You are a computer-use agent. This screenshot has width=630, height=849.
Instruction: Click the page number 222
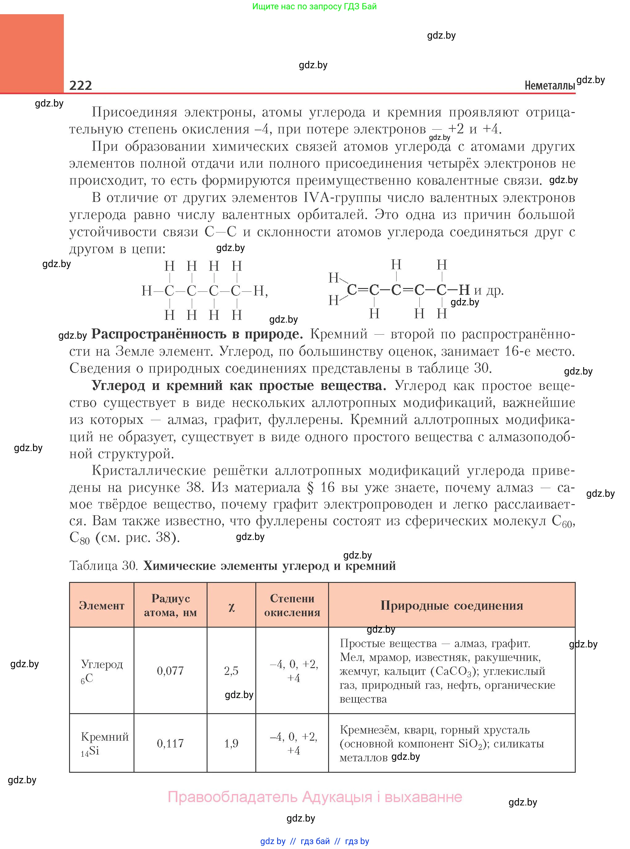80,85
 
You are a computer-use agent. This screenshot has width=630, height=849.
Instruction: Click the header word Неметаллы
549,86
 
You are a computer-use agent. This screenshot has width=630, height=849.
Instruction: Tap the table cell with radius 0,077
170,671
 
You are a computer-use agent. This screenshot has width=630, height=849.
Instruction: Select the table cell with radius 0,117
170,743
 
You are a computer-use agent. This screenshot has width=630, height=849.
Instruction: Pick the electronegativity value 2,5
231,671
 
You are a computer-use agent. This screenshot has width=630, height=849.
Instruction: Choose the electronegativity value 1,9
231,743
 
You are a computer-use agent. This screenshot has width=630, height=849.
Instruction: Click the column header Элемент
101,606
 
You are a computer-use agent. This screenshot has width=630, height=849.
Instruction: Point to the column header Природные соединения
451,605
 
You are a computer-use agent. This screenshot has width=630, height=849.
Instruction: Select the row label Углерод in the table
102,664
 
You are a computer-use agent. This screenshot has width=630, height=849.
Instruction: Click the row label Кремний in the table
105,737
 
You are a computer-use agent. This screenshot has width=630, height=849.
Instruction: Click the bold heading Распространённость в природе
197,334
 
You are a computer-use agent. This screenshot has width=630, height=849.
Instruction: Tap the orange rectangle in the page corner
32,53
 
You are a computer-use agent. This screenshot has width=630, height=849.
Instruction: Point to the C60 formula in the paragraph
562,521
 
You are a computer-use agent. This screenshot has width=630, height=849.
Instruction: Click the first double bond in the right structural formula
363,290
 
